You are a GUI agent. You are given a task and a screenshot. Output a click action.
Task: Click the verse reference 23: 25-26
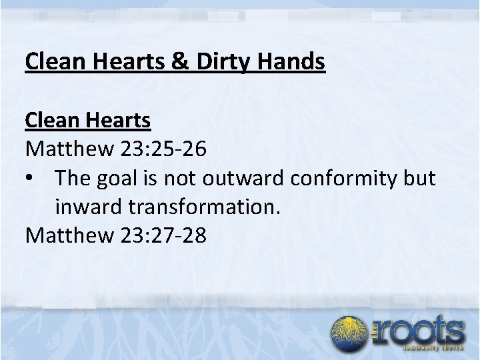pos(163,149)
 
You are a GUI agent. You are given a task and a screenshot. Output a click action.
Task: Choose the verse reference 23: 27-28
pos(163,235)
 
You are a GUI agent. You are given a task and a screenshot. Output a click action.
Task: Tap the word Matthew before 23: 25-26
pos(70,149)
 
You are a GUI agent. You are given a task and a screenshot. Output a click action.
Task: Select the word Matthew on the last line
pos(70,235)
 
